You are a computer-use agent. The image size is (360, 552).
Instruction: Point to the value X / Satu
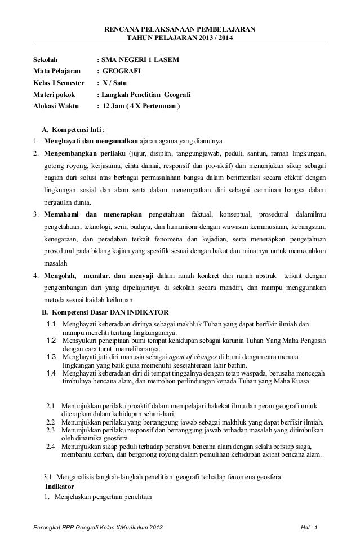pos(117,83)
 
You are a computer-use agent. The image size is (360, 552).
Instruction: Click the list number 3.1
pos(48,476)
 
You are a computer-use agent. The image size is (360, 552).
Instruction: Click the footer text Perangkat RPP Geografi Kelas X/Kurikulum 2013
pos(100,527)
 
